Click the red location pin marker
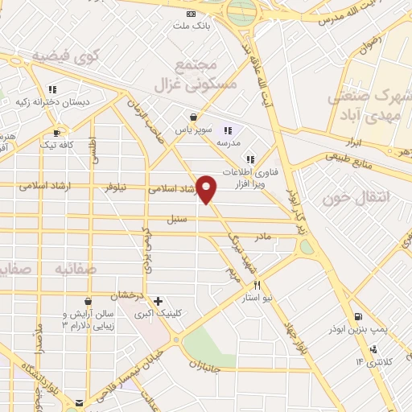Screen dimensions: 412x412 point(207,188)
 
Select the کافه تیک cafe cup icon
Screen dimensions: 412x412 point(56,133)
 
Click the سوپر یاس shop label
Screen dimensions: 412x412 point(194,129)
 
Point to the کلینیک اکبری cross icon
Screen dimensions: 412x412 point(159,301)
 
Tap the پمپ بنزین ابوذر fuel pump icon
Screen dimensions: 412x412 point(356,316)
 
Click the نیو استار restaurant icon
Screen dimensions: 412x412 point(257,285)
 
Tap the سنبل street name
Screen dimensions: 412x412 point(177,218)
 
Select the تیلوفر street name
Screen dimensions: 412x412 point(116,187)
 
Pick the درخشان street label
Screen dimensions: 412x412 point(133,295)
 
